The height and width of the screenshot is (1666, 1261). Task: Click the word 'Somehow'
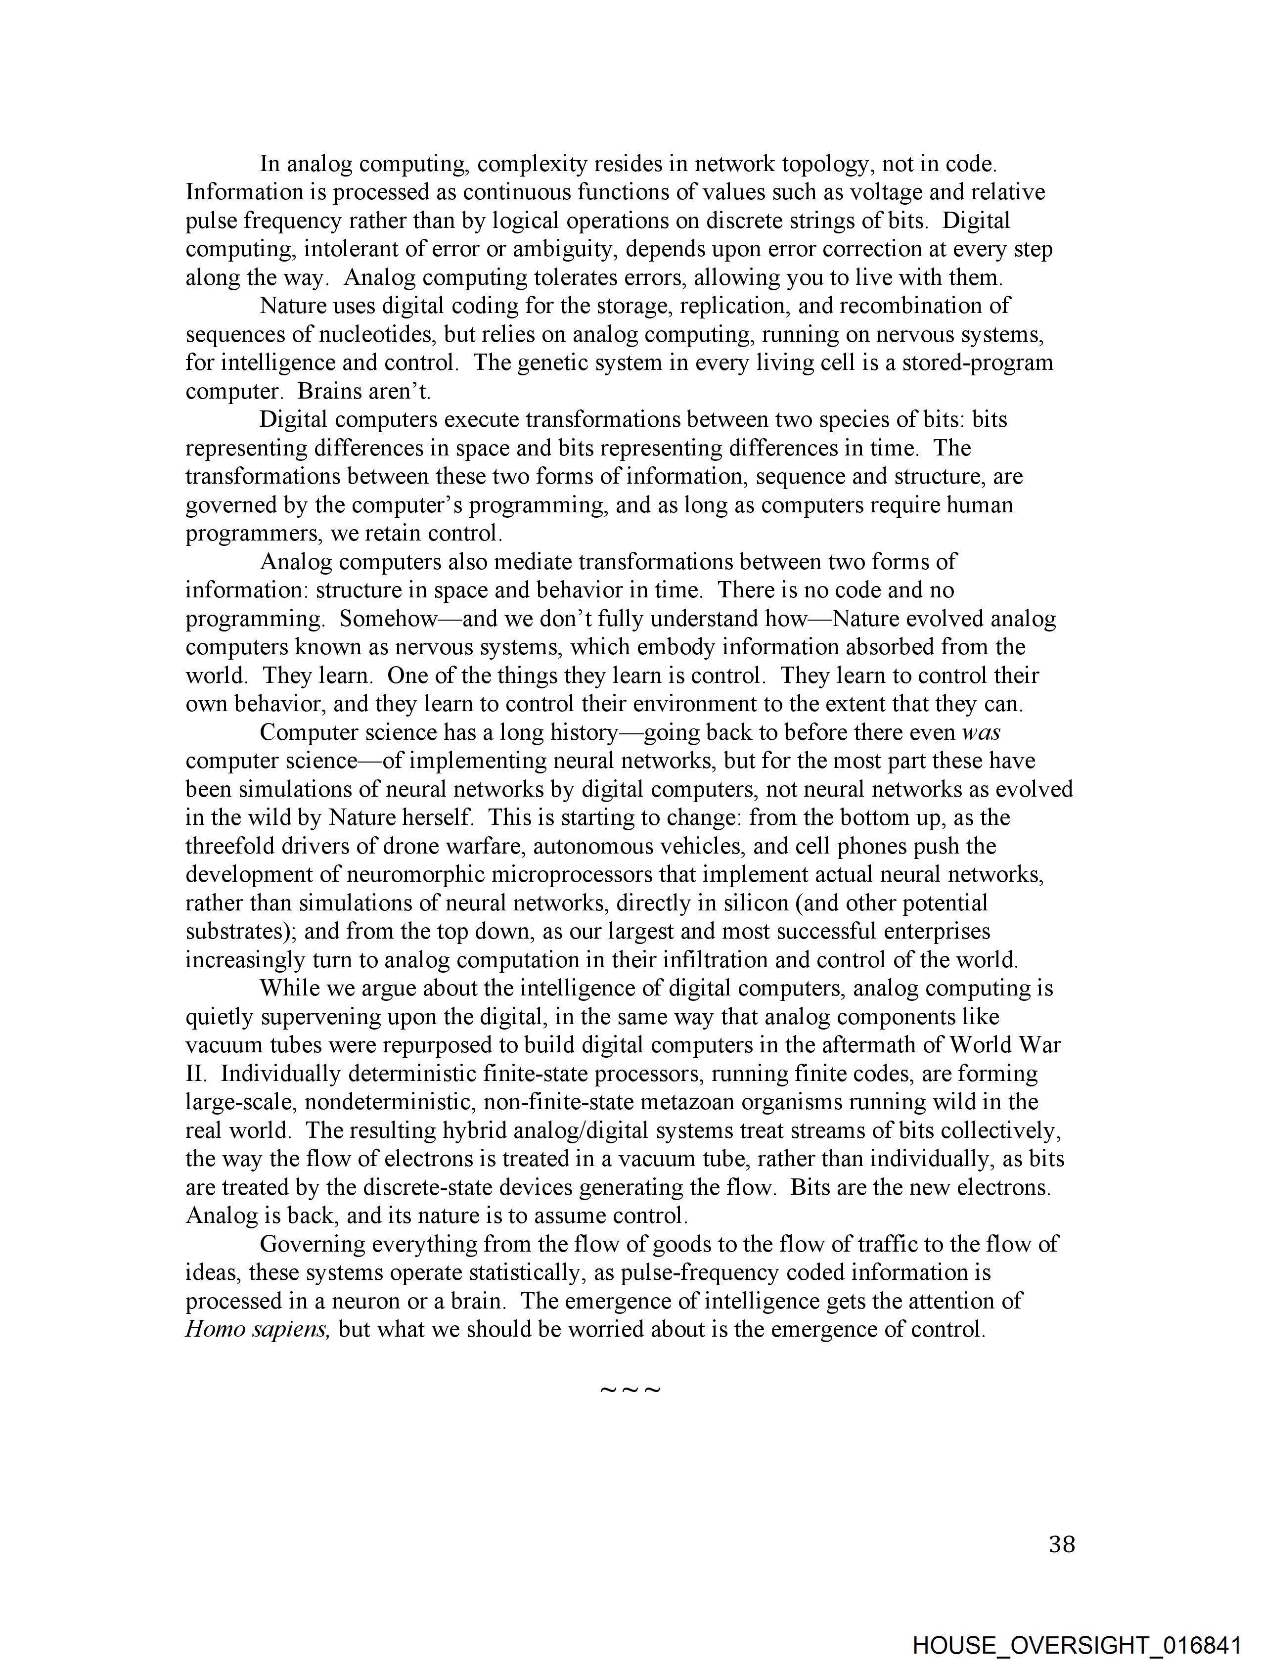tap(388, 619)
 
